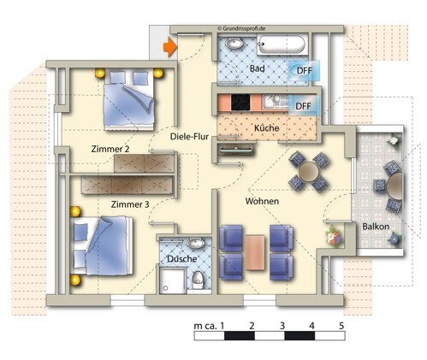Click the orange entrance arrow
(170, 47)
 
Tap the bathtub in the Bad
(282, 44)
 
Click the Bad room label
(257, 68)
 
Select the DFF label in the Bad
(305, 70)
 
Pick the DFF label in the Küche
(303, 106)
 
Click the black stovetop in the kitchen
(240, 103)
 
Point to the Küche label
(266, 128)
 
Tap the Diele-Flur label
(189, 137)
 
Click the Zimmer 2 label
(110, 149)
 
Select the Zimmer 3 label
(130, 204)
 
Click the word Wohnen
(262, 201)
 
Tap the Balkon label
(376, 227)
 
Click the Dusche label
(182, 259)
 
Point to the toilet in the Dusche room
(198, 280)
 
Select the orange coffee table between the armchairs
(255, 252)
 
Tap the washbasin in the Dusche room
(196, 243)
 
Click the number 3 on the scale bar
(282, 326)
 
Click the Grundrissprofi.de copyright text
(241, 28)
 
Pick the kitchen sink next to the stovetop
(272, 102)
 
